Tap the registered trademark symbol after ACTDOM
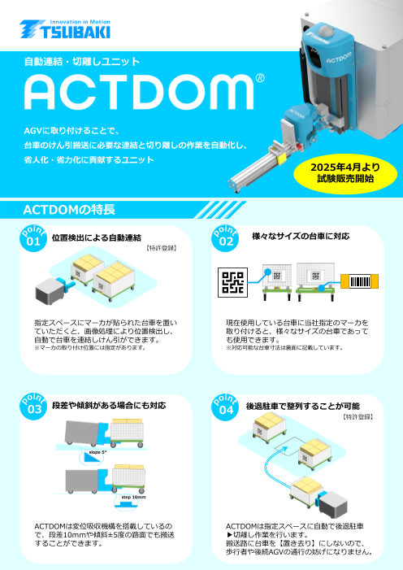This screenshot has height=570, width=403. pos(259,80)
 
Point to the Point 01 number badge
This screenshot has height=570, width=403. pos(33,240)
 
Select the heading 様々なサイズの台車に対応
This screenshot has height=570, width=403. pos(301,237)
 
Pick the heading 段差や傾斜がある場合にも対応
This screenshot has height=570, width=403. pos(108,405)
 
